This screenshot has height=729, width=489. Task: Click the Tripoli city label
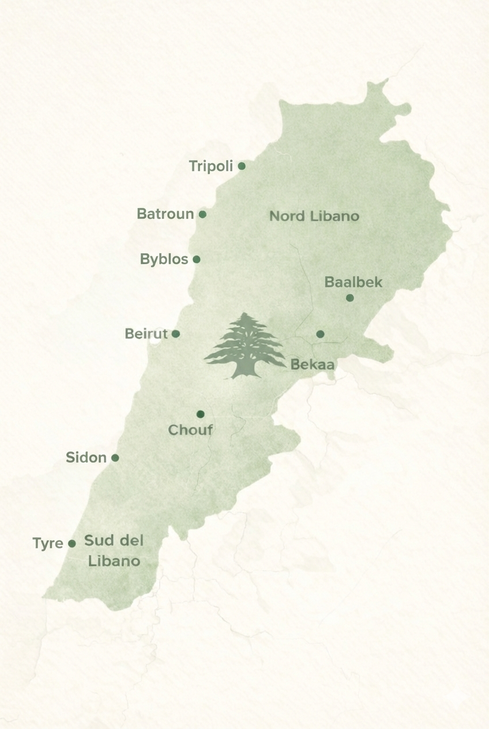210,167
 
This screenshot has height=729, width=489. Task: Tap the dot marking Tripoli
242,166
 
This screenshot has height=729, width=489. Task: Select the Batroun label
165,214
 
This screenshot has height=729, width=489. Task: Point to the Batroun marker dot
202,214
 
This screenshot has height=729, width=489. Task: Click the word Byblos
164,260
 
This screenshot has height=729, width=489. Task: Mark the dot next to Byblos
197,260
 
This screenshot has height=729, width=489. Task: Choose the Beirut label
146,334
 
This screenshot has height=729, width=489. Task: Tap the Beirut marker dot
176,334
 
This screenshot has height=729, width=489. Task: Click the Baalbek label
353,283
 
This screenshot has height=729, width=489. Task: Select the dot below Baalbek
349,298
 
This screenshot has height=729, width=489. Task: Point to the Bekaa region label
313,364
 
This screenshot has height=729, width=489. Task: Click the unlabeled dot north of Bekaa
320,334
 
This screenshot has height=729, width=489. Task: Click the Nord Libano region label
314,216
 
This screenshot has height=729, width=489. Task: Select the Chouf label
190,430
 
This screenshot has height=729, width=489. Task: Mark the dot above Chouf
200,414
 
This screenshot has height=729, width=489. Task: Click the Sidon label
86,458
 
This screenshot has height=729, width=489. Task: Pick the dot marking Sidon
115,458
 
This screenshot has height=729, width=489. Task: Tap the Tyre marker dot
72,543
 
